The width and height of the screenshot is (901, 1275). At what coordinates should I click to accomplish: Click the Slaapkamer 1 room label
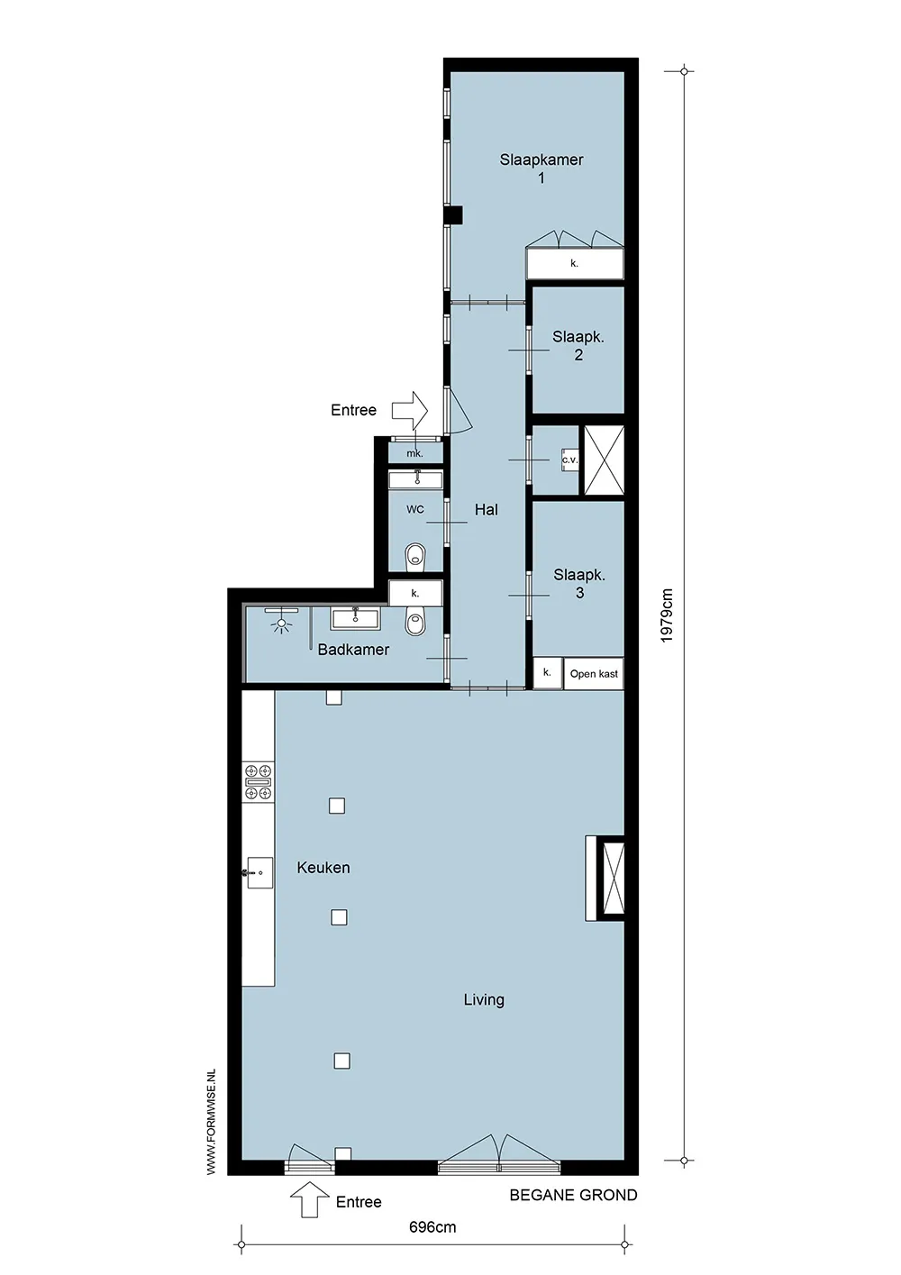[542, 168]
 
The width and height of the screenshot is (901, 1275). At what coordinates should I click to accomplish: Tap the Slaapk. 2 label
[578, 345]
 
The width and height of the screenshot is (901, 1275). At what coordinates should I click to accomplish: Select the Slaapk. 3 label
[579, 583]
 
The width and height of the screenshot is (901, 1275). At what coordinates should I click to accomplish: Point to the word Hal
[487, 509]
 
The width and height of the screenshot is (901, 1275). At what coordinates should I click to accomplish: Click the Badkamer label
[353, 650]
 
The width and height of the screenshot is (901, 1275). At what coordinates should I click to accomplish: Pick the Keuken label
[323, 868]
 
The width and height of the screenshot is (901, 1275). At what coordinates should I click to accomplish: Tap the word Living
[484, 1000]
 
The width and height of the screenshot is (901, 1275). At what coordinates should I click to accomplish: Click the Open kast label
[594, 674]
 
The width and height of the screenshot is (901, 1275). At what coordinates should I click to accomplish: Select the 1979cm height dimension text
[667, 615]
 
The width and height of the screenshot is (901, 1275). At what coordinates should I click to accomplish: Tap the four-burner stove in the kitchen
[258, 782]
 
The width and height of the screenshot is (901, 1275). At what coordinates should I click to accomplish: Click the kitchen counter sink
[259, 872]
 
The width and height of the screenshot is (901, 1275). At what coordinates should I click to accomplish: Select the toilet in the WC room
[415, 556]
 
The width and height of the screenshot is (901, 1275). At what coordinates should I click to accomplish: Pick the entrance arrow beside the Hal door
[410, 410]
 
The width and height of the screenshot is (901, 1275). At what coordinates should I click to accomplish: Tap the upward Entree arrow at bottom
[310, 1199]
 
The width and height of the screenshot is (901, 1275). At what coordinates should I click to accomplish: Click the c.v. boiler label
[569, 460]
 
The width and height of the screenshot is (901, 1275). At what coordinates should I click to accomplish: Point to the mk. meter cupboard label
[414, 453]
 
